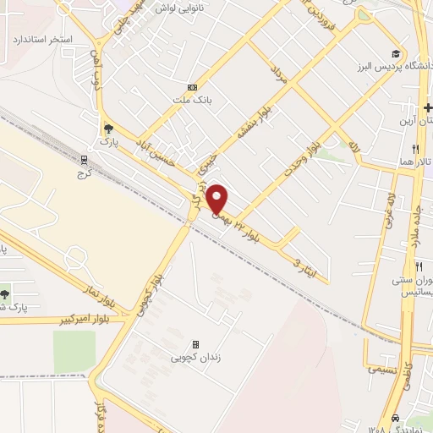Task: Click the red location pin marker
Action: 217,199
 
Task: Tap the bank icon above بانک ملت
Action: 192,87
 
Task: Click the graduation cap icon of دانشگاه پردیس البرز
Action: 396,53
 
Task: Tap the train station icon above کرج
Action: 85,159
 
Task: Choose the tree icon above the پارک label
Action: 107,129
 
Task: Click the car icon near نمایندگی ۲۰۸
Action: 396,418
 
